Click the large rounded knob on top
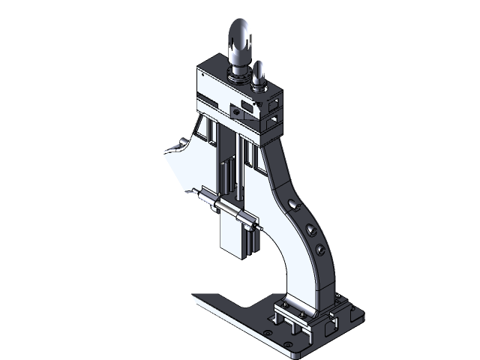click(241, 41)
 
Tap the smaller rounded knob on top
click(259, 73)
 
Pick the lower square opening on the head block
click(274, 118)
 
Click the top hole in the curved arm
click(292, 202)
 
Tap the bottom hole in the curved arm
click(320, 248)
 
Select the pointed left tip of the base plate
click(194, 295)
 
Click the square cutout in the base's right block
click(330, 327)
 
